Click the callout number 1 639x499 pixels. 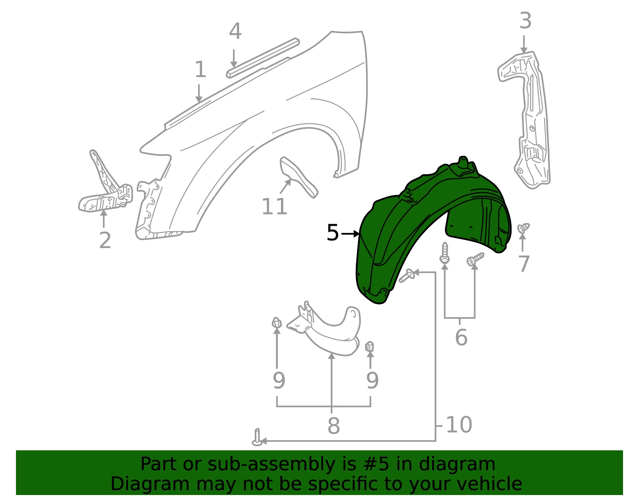(200, 70)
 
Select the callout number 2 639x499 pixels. (105, 240)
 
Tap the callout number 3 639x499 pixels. (525, 21)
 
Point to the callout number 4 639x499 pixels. (235, 31)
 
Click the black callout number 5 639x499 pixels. (333, 232)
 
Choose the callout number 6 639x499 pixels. (461, 337)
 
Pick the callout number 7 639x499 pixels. (524, 264)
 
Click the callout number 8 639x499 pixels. (333, 425)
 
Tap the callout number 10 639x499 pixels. (459, 425)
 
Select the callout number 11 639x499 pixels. (274, 206)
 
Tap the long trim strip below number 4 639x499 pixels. (263, 58)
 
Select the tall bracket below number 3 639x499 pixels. (524, 119)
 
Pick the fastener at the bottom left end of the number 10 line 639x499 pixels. (257, 437)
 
